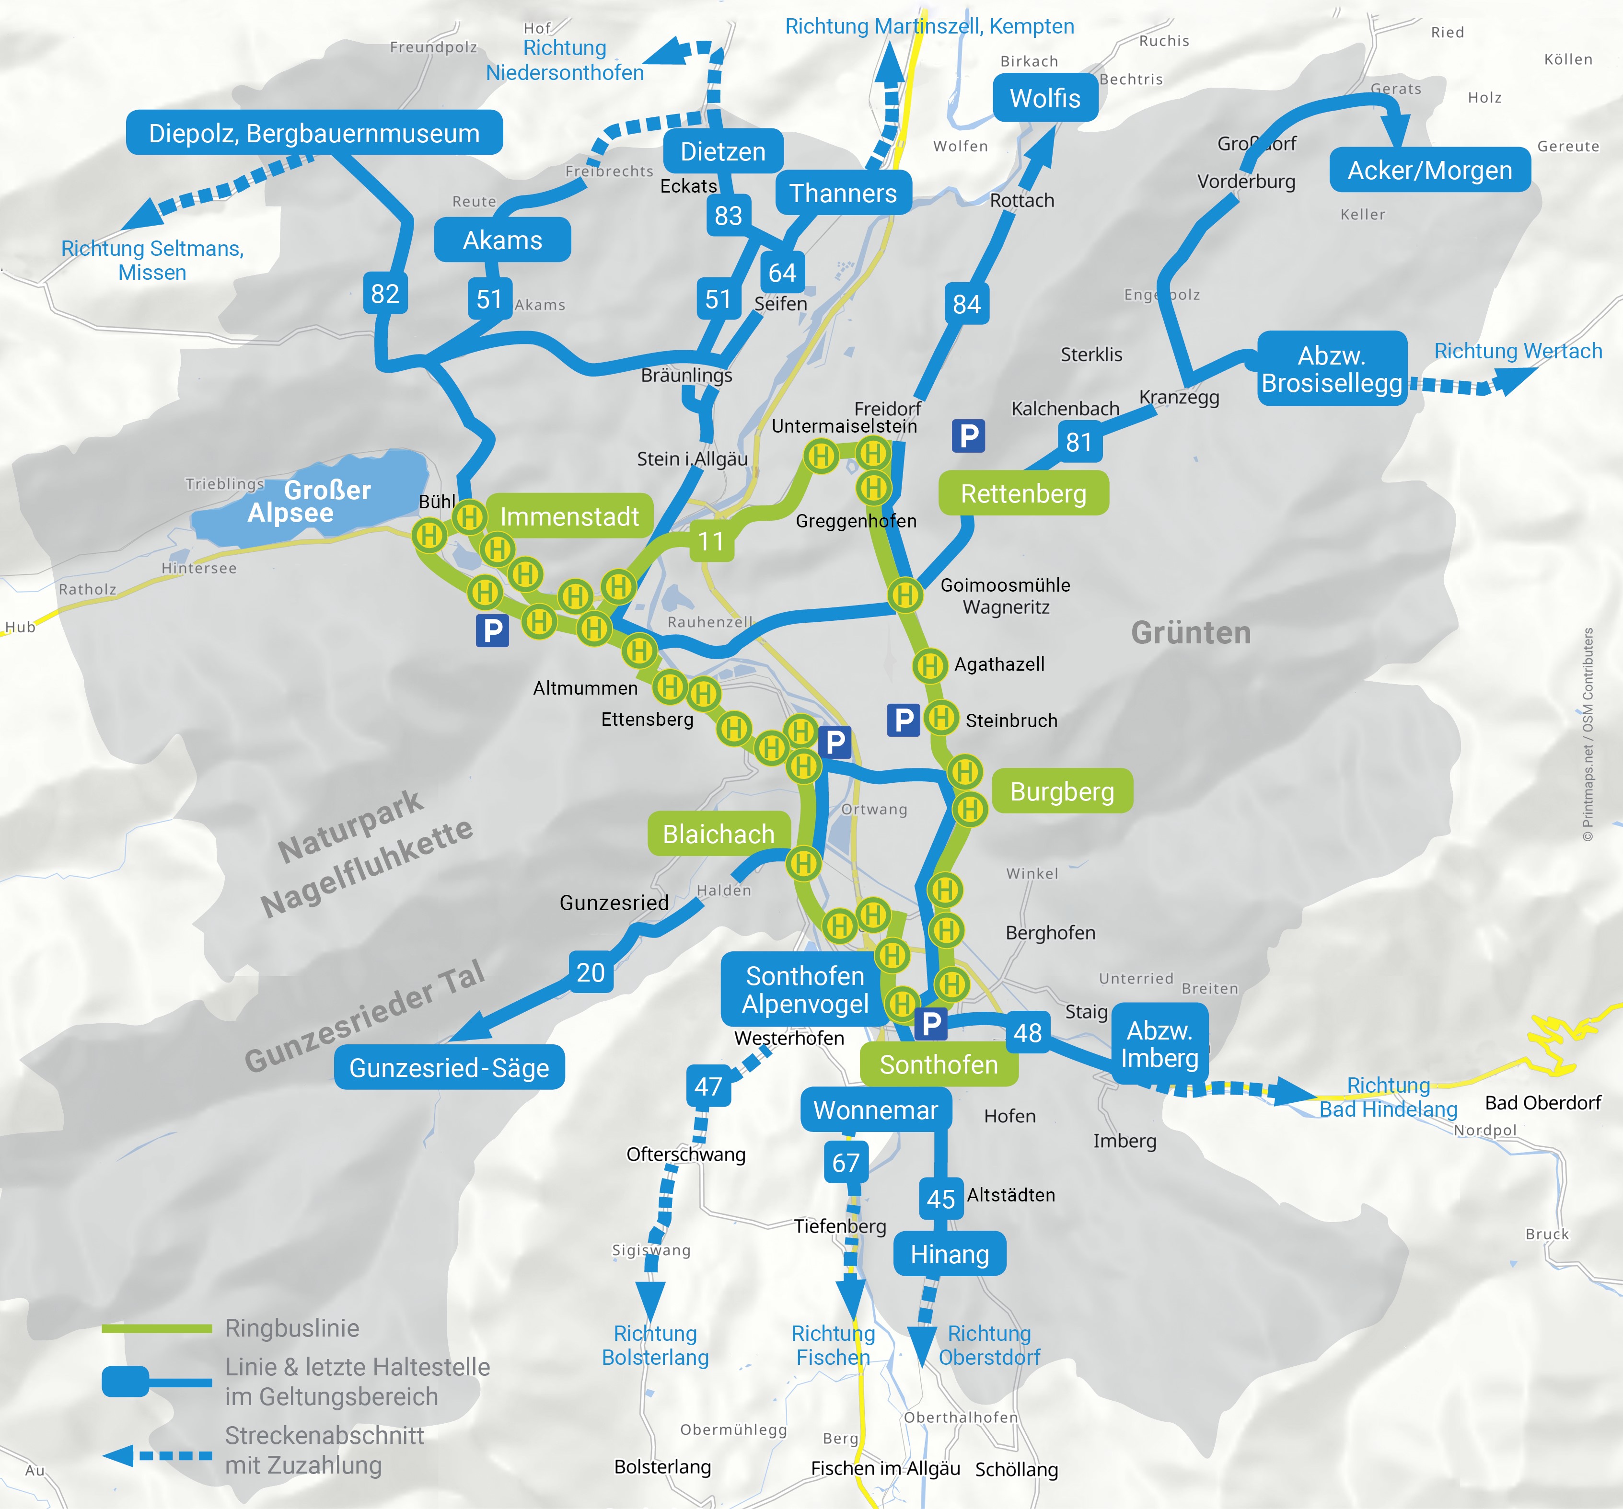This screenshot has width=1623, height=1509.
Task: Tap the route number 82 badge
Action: tap(384, 293)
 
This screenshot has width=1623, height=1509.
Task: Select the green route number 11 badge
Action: tap(711, 541)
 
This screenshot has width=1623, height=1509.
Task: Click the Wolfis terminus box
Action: tap(1045, 99)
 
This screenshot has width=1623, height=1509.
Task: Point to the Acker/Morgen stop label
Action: tap(1429, 171)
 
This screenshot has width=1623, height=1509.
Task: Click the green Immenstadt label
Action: tap(569, 516)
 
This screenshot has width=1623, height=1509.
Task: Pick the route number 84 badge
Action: tap(967, 304)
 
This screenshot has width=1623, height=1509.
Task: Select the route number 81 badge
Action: tap(1078, 442)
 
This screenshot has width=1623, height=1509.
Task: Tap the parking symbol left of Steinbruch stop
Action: tap(903, 720)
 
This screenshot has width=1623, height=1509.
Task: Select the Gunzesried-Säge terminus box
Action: tap(449, 1067)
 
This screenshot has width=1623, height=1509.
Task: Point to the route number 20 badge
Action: tap(590, 973)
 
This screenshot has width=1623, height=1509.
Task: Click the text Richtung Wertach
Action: tap(1518, 351)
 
